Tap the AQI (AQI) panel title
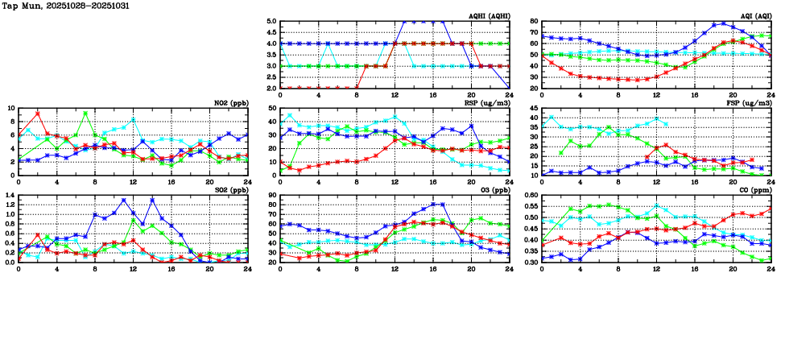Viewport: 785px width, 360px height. click(754, 16)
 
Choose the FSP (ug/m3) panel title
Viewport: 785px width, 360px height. click(748, 103)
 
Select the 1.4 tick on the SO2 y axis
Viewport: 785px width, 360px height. click(10, 196)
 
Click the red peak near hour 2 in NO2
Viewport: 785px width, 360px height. click(38, 114)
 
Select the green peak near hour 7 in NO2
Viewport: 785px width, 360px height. click(85, 114)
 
